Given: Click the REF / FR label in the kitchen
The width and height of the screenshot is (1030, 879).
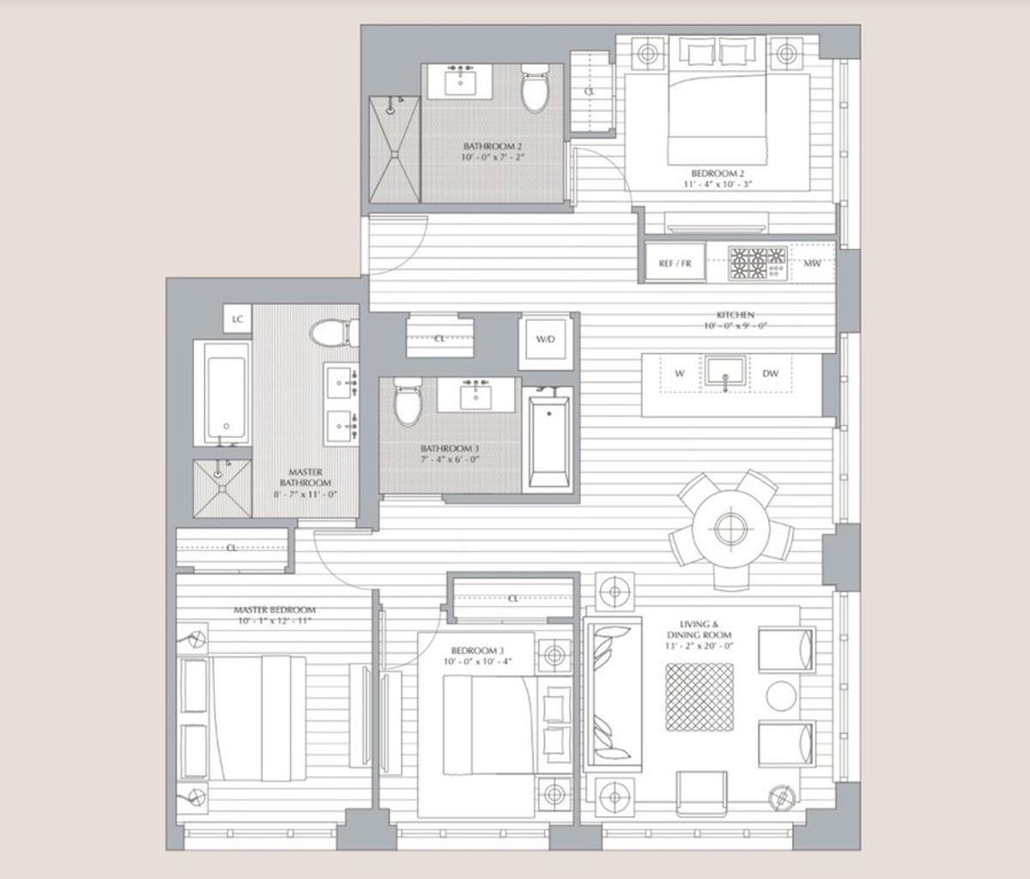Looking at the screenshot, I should (675, 264).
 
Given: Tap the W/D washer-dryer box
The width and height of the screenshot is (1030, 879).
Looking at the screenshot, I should (546, 340).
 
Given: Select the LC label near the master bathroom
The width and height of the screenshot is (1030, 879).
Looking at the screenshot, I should (238, 319).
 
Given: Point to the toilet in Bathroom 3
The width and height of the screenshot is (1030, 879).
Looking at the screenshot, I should (407, 403).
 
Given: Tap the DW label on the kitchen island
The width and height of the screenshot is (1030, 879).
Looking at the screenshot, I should (770, 373).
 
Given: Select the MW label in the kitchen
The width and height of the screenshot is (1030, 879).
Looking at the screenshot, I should (811, 264).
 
